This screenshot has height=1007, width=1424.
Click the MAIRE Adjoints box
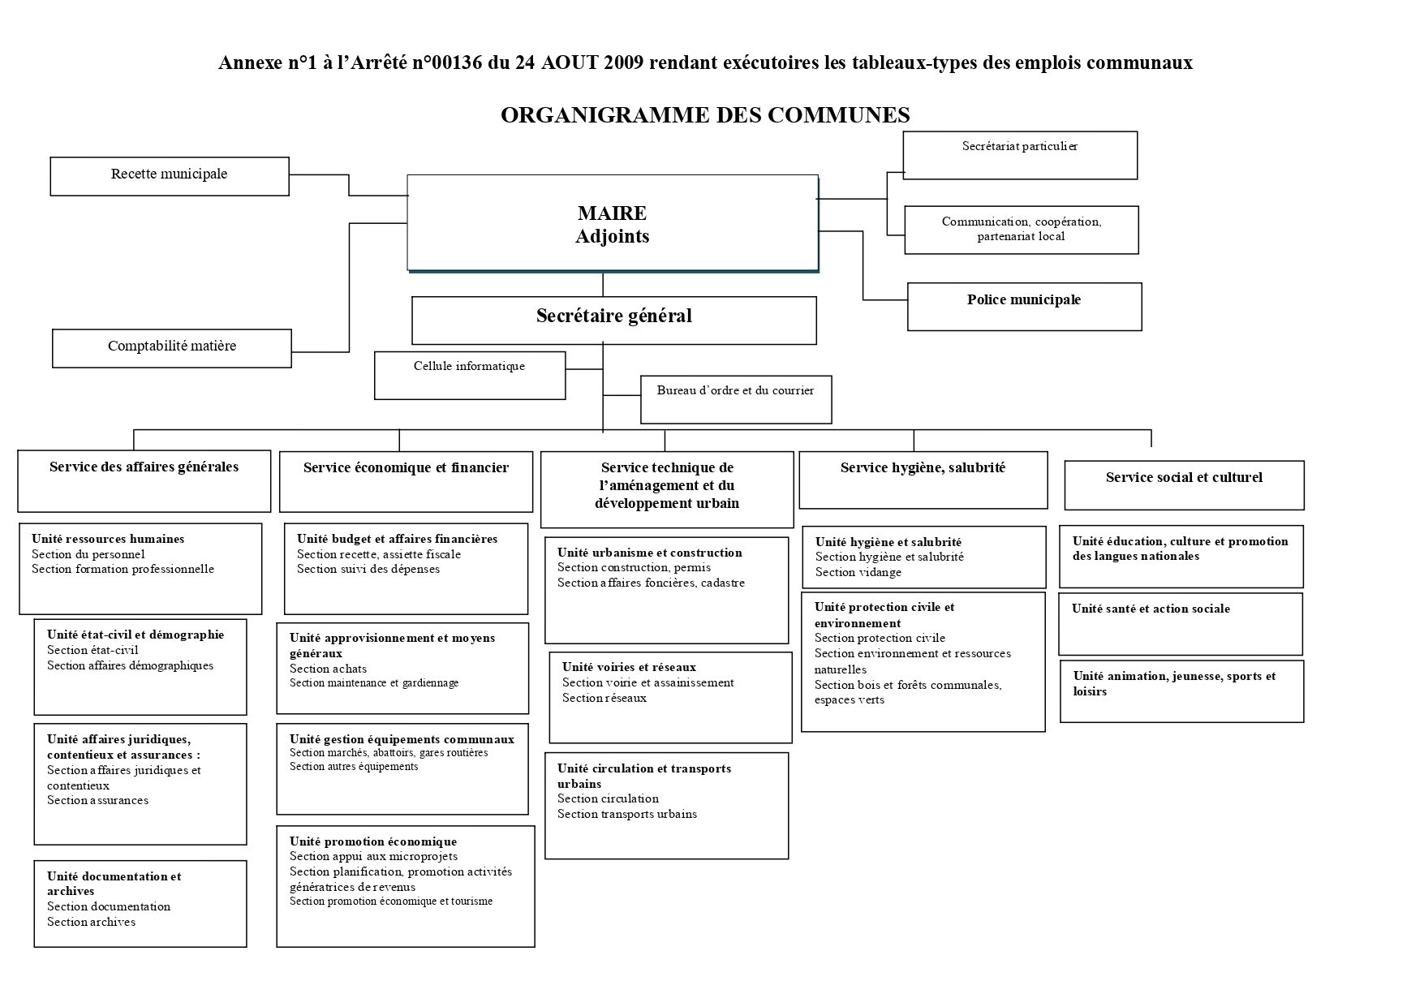pos(612,224)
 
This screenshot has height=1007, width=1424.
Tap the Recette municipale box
pos(169,175)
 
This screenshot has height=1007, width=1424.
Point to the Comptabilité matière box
pos(172,347)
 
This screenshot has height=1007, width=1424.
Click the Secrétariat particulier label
pos(1019,147)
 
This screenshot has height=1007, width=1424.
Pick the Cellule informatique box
pos(469,374)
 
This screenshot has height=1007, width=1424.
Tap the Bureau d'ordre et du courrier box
pos(735,398)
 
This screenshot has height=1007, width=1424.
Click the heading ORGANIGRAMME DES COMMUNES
pos(705,115)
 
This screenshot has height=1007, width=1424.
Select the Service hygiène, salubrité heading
pos(923,468)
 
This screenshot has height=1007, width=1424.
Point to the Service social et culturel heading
pos(1184,478)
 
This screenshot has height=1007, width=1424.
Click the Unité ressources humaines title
pos(108,539)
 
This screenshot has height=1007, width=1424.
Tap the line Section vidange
pos(858,572)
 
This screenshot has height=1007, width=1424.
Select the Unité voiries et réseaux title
pos(629,667)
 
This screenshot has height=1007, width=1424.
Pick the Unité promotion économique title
pos(372,841)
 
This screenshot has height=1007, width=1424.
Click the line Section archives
pos(91,922)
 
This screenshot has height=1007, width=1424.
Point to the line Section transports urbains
pos(626,814)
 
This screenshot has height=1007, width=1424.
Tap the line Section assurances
pos(97,800)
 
